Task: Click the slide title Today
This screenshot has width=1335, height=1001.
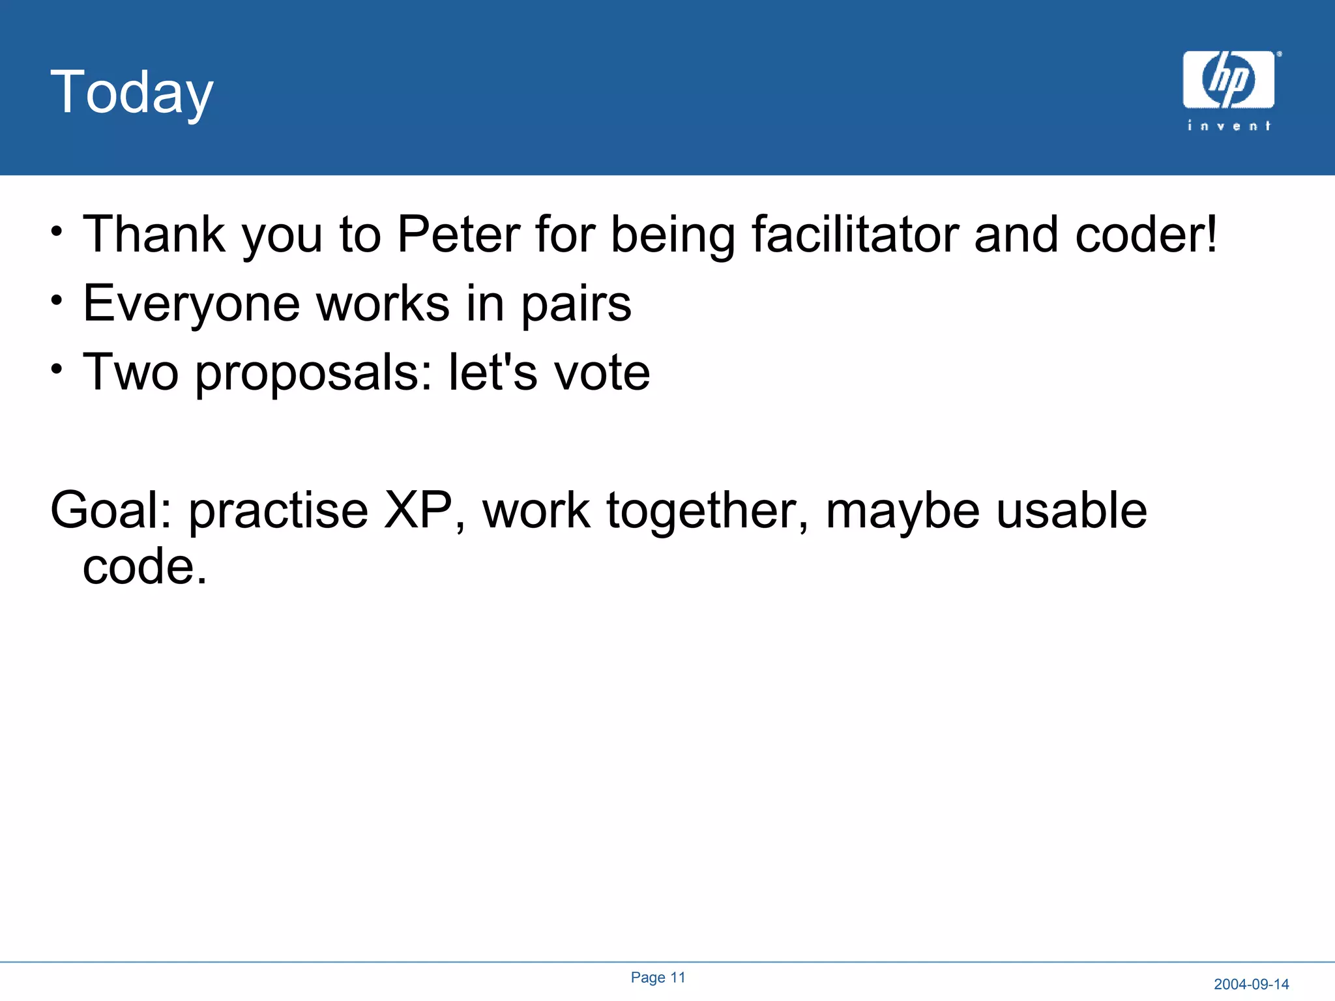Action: click(132, 93)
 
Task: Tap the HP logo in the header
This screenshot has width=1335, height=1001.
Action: click(1228, 80)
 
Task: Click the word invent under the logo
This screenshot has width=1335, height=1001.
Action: click(1229, 126)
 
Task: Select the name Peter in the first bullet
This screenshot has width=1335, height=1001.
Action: click(458, 235)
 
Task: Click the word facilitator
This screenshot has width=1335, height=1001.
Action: click(855, 235)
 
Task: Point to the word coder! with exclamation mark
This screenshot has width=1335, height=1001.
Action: click(1145, 235)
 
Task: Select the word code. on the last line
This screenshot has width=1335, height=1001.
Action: click(144, 566)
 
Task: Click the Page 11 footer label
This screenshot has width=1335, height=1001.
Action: click(658, 978)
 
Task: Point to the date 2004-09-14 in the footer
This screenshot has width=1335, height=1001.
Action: click(1251, 984)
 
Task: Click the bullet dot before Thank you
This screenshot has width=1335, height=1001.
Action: click(57, 231)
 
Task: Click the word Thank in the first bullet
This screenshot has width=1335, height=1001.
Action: click(154, 235)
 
